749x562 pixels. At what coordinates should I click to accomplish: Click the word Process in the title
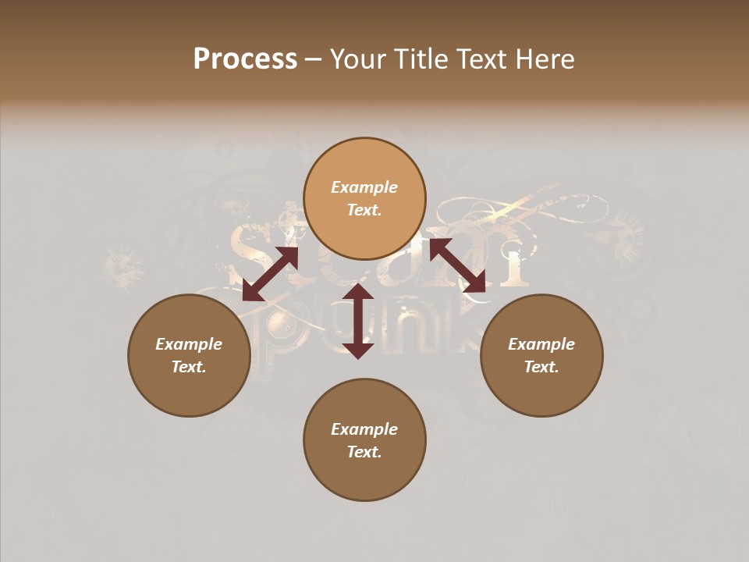(x=245, y=59)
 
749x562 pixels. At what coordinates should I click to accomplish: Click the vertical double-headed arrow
(x=358, y=321)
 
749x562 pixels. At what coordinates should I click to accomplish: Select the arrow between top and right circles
(x=457, y=265)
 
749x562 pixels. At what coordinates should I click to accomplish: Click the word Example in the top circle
(x=364, y=187)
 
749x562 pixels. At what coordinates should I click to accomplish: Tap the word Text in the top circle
(x=364, y=210)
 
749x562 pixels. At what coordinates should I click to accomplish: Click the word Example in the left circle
(x=189, y=344)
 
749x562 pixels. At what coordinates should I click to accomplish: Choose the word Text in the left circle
(x=189, y=367)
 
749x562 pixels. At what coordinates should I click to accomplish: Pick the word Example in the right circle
(x=541, y=344)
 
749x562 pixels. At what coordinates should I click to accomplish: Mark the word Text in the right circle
(x=541, y=367)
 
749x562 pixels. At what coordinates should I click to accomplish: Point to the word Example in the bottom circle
(x=364, y=429)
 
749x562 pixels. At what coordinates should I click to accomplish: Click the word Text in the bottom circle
(x=364, y=452)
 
